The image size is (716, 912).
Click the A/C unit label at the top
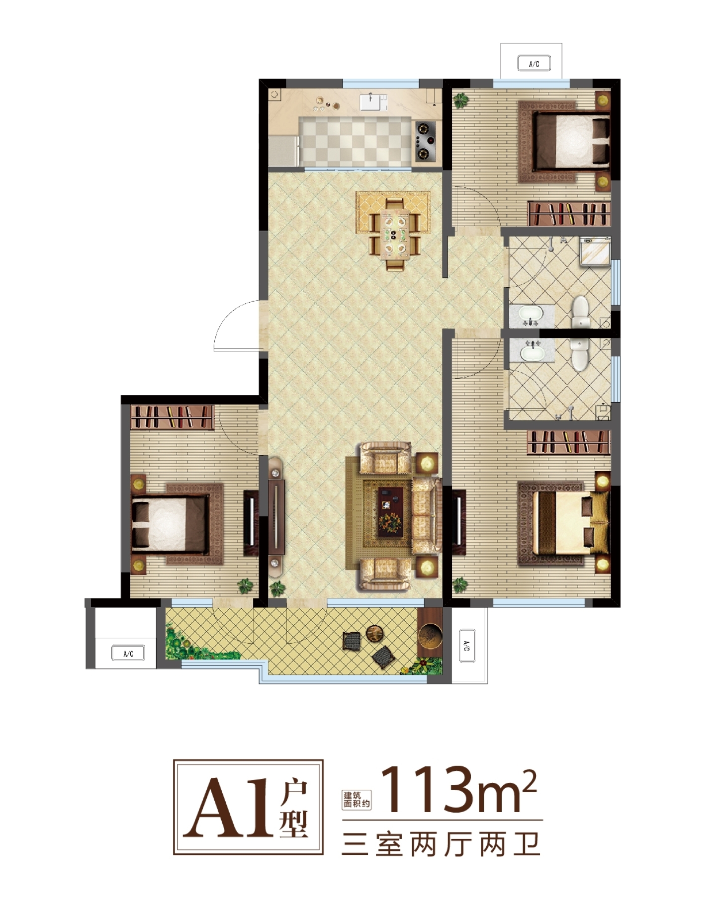pyautogui.click(x=534, y=63)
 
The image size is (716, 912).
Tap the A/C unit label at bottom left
pyautogui.click(x=128, y=653)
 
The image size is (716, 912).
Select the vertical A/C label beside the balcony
pyautogui.click(x=467, y=645)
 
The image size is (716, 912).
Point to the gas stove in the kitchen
pyautogui.click(x=424, y=141)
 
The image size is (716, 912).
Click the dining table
pyautogui.click(x=394, y=234)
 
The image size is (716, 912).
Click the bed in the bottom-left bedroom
pyautogui.click(x=169, y=524)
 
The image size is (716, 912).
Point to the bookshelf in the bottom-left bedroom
pyautogui.click(x=172, y=416)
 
